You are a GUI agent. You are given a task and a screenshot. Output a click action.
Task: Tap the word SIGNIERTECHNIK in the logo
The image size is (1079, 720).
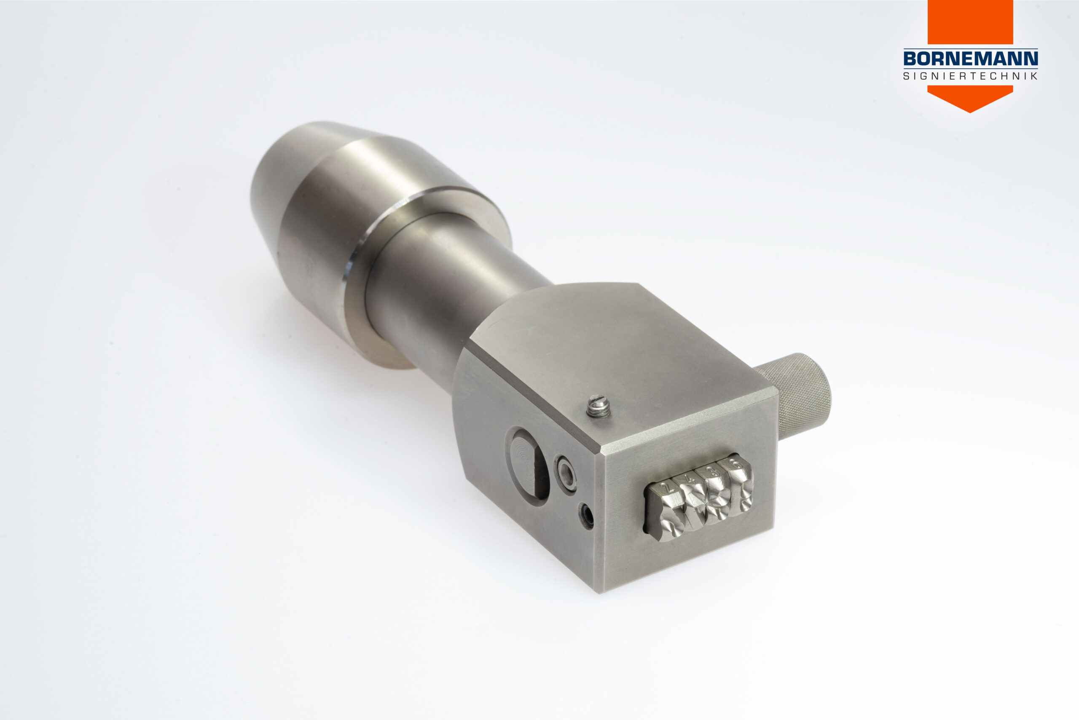(971, 76)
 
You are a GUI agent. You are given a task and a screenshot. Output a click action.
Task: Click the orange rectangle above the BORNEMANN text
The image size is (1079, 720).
(970, 22)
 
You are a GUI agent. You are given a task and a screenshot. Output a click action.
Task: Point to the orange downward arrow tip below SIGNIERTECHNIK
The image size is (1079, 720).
(970, 112)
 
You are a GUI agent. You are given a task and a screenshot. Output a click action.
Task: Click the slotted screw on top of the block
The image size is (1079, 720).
(599, 407)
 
